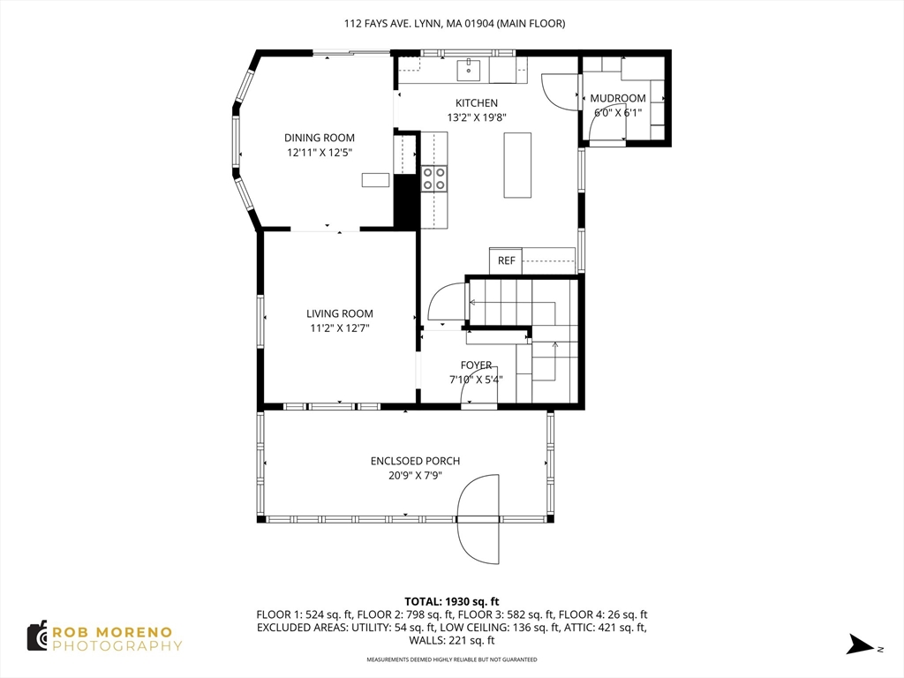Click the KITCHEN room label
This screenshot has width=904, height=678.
click(476, 103)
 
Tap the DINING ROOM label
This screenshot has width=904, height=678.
click(320, 138)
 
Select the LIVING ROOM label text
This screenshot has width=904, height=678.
click(340, 313)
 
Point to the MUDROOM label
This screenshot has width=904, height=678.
click(617, 99)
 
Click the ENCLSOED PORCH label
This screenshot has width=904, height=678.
click(415, 461)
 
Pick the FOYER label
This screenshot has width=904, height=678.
click(476, 365)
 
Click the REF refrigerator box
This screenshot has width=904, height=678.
click(506, 260)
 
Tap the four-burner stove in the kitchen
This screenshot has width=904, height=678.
click(434, 178)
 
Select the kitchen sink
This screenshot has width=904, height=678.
click(470, 70)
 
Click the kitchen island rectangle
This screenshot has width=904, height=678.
click(517, 165)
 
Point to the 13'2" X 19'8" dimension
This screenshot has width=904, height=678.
click(476, 118)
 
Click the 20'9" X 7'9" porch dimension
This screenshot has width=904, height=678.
click(415, 476)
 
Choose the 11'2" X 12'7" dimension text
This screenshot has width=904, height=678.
click(340, 328)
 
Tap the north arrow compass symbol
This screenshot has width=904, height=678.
click(861, 644)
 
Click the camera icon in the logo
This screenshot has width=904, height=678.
click(37, 637)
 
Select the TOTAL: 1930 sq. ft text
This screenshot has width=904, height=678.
click(451, 602)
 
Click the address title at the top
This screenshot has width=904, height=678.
click(455, 24)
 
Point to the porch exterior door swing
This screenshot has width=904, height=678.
click(478, 519)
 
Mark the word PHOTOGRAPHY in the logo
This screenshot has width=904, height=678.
click(117, 646)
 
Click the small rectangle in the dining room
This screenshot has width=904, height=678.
click(375, 180)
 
